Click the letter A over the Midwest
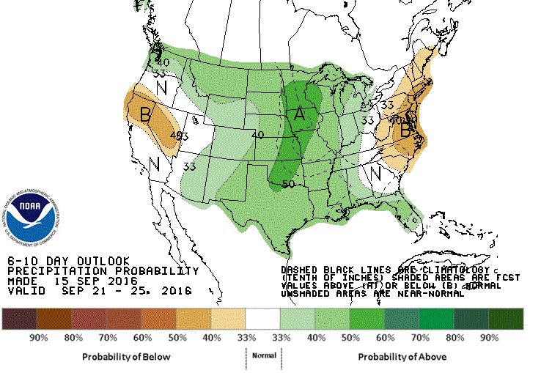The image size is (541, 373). [x=299, y=114]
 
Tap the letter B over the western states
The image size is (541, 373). [x=145, y=114]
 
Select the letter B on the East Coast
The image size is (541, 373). [x=405, y=131]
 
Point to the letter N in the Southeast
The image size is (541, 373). [x=375, y=174]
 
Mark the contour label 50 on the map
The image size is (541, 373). [x=288, y=184]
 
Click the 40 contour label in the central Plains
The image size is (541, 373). [x=257, y=136]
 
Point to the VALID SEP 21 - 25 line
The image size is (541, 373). [x=99, y=291]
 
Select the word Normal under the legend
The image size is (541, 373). [x=264, y=355]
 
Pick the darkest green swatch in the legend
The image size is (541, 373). [x=507, y=319]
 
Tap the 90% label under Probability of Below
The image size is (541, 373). [x=38, y=338]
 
